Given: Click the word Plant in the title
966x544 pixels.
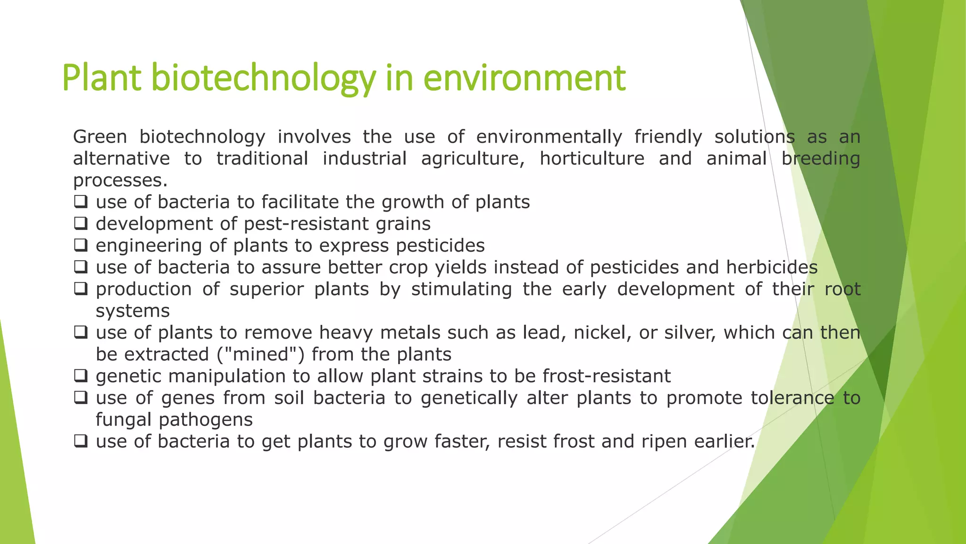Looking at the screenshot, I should pos(101,78).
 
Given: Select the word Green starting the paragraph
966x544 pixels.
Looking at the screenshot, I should pos(100,137).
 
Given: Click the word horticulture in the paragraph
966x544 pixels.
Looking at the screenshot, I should pos(591,159).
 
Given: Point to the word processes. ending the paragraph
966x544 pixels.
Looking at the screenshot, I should pos(120,180).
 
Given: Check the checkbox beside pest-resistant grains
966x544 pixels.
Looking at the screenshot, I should pos(81,223).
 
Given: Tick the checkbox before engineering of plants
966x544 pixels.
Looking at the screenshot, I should pos(81,245).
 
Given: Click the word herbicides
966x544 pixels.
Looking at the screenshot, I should pos(772,267).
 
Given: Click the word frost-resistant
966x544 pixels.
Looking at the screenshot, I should pos(606,376).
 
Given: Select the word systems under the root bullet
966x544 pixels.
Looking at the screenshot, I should pos(133,311).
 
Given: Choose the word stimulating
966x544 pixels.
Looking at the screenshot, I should pos(461,289).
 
